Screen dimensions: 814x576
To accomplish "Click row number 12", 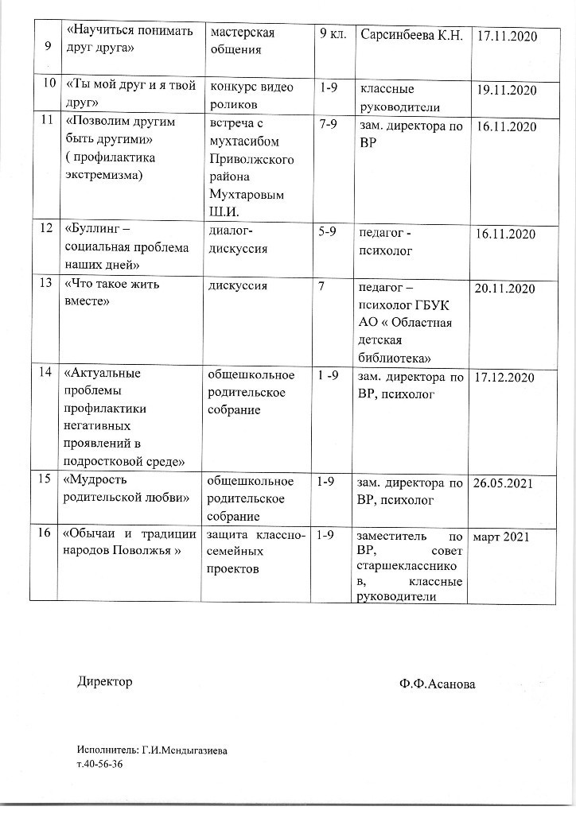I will click(45, 229).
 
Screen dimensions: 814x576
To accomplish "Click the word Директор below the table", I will click(105, 681).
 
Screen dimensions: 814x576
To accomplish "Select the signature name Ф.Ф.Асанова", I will click(438, 684).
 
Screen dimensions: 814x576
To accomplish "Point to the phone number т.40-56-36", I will click(100, 764).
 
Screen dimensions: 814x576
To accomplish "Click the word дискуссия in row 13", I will click(237, 285).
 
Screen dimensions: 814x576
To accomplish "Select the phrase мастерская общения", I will click(241, 42).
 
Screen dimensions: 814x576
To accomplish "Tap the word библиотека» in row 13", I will click(395, 357).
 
